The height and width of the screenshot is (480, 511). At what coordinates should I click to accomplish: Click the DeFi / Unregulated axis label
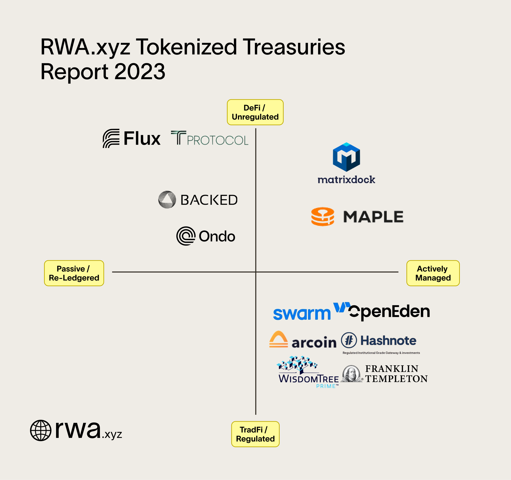[x=255, y=112]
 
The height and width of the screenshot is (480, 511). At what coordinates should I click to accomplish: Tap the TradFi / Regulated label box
[x=255, y=434]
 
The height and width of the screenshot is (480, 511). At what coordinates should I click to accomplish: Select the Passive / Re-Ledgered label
[x=74, y=273]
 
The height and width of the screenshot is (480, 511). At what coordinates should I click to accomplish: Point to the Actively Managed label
[x=433, y=273]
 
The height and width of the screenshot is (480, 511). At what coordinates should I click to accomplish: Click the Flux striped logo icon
[x=111, y=138]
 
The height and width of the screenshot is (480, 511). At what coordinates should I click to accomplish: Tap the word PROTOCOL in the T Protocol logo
[x=217, y=140]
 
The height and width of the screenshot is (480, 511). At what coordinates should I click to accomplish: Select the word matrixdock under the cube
[x=346, y=179]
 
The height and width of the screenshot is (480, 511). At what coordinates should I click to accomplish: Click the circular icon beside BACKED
[x=167, y=200]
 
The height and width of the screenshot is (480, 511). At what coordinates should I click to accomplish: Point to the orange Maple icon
[x=323, y=217]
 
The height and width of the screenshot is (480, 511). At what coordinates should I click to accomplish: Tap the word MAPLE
[x=373, y=217]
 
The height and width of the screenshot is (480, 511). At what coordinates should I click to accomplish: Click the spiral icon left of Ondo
[x=186, y=236]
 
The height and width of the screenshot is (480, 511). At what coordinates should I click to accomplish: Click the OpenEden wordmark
[x=389, y=312]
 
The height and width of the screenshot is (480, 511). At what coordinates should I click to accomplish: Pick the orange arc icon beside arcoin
[x=278, y=339]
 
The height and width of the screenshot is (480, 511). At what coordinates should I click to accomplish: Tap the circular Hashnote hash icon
[x=349, y=340]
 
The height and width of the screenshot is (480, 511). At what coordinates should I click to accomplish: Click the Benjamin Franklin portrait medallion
[x=351, y=374]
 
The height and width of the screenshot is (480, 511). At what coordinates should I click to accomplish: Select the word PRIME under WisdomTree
[x=326, y=386]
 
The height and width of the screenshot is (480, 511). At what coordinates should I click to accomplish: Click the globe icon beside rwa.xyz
[x=41, y=430]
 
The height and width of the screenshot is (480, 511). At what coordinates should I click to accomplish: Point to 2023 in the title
[x=139, y=71]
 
